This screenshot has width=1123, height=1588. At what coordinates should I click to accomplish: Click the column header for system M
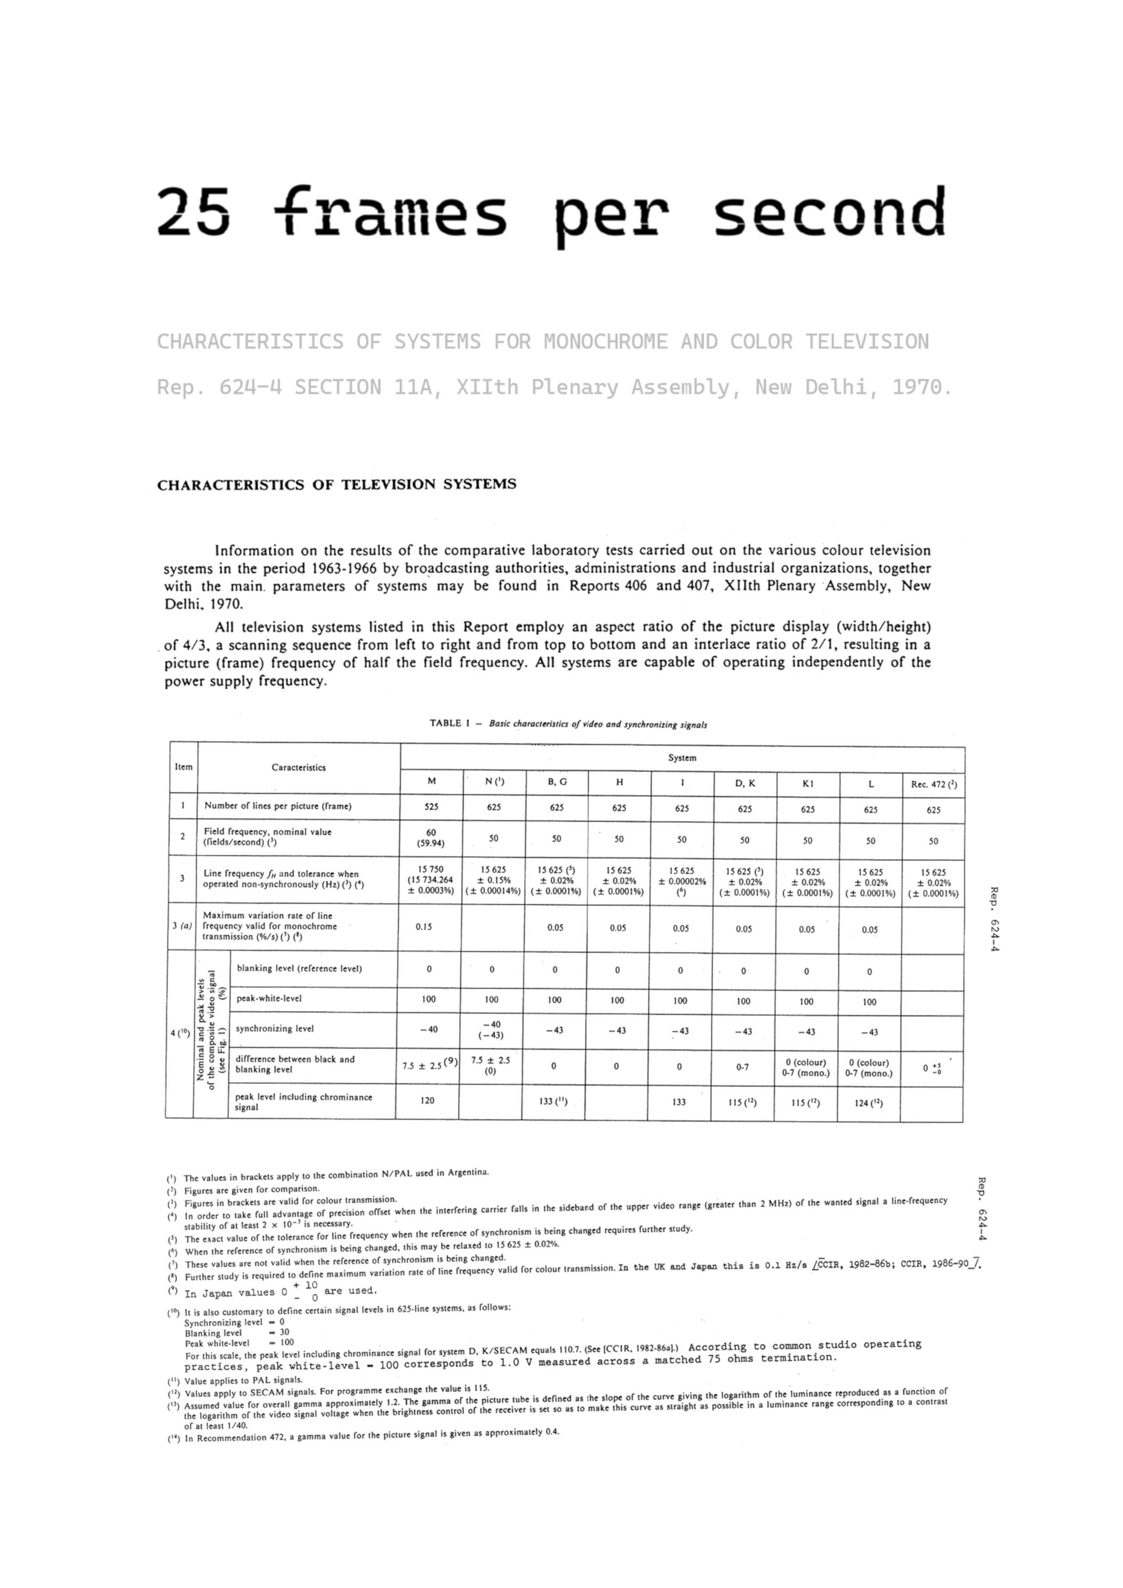(431, 781)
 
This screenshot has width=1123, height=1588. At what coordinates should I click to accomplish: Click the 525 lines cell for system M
(431, 807)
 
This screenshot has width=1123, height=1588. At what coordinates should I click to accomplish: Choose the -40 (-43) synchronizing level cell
(491, 1030)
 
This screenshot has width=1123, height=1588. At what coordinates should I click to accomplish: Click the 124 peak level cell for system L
(869, 1103)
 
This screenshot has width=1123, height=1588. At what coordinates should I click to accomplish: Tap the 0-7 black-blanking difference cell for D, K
(742, 1067)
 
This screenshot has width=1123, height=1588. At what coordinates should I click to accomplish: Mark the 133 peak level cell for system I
(679, 1102)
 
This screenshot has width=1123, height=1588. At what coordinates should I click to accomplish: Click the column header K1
(808, 784)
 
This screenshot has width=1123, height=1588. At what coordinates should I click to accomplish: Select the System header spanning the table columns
(682, 758)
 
